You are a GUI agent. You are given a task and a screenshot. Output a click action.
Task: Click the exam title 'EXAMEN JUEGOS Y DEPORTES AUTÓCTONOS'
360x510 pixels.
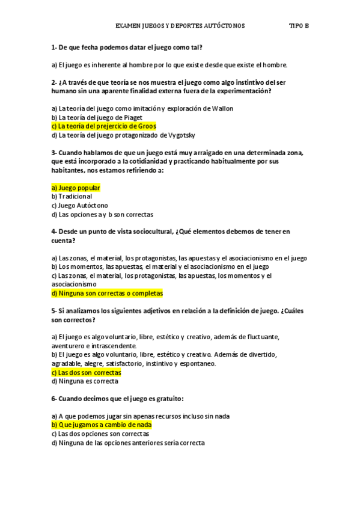click(180, 26)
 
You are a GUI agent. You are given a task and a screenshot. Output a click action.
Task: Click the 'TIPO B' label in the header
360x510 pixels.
click(299, 26)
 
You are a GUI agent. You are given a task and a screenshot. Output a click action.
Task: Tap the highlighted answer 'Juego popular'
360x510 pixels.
click(76, 188)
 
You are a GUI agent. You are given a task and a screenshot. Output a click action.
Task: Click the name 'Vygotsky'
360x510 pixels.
click(180, 135)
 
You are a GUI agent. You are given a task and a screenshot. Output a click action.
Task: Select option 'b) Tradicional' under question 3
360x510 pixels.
click(72, 197)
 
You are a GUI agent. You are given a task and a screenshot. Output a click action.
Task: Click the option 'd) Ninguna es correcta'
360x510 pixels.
click(85, 381)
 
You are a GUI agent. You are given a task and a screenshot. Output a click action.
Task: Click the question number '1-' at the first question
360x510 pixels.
click(54, 47)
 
